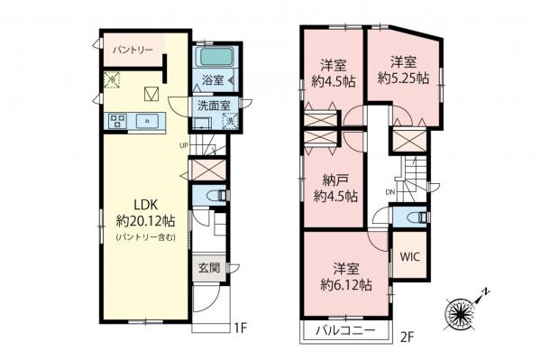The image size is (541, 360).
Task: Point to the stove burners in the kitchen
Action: (x=117, y=119)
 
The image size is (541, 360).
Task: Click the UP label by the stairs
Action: (x=183, y=144)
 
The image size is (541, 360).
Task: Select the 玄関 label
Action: (x=207, y=267)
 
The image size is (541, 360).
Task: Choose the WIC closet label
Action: (x=410, y=255)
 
